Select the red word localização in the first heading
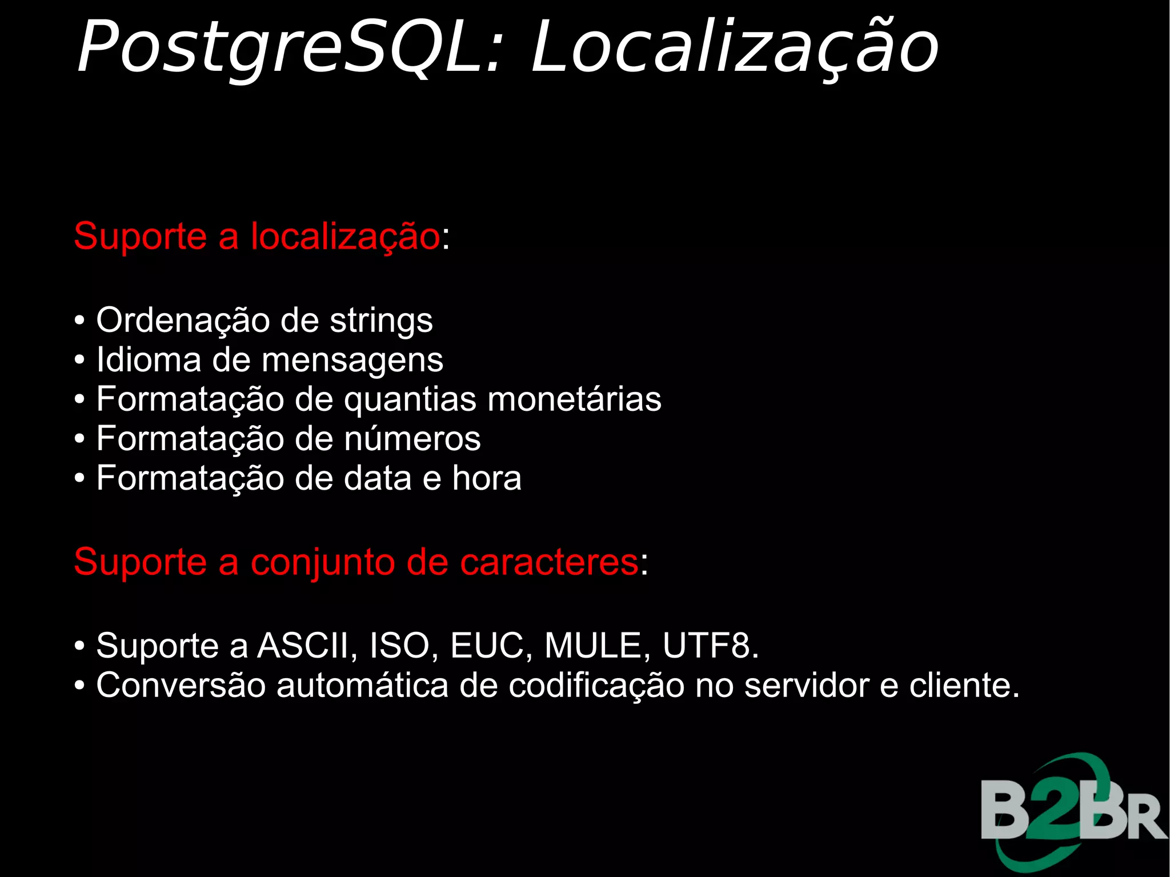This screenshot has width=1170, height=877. click(x=345, y=237)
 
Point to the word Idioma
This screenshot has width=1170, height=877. click(x=149, y=361)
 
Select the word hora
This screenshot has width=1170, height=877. click(x=487, y=479)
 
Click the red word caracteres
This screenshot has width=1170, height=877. click(x=549, y=562)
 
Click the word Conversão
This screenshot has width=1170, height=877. click(x=181, y=686)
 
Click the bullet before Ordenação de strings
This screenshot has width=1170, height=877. click(x=80, y=322)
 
